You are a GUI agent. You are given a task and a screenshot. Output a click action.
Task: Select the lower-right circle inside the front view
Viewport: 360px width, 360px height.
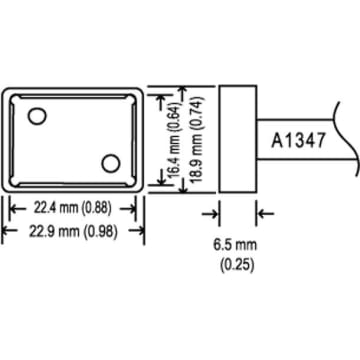tap(110, 161)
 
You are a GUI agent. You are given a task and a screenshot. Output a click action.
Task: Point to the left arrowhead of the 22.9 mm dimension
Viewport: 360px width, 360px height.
tap(6, 231)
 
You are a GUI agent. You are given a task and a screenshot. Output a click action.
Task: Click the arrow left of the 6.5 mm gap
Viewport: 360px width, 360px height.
tap(212, 212)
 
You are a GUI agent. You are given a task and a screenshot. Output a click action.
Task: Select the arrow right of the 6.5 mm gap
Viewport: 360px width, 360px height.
tap(263, 212)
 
